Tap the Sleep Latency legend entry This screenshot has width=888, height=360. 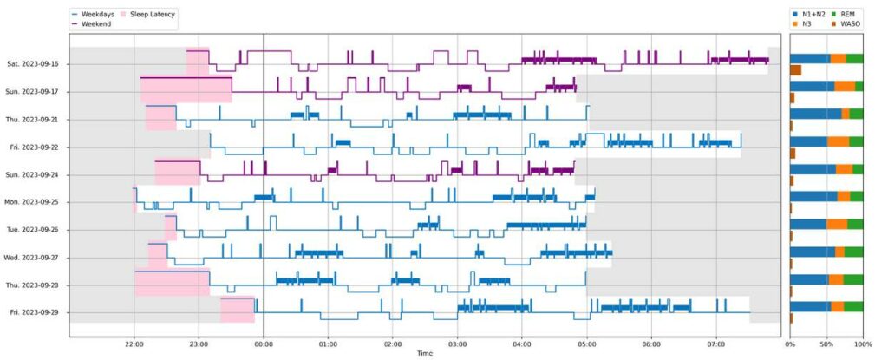(154, 15)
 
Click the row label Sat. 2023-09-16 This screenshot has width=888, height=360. (33, 64)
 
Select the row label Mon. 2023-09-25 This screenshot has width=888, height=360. (32, 202)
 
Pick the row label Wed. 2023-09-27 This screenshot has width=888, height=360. (32, 258)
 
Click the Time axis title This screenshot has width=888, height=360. (424, 353)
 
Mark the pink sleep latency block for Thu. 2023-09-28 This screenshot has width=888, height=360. (172, 284)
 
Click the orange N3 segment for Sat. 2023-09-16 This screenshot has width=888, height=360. (838, 59)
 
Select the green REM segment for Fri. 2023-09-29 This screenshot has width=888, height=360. (853, 306)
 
